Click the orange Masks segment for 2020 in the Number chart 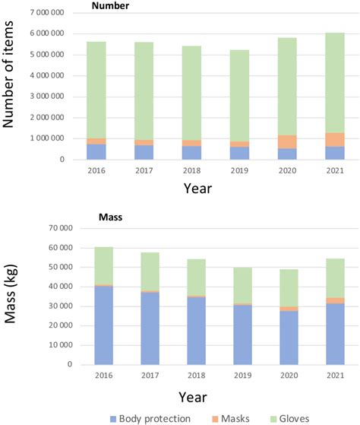tap(287, 142)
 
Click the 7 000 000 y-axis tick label tap(65, 14)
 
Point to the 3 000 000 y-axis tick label tap(65, 97)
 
